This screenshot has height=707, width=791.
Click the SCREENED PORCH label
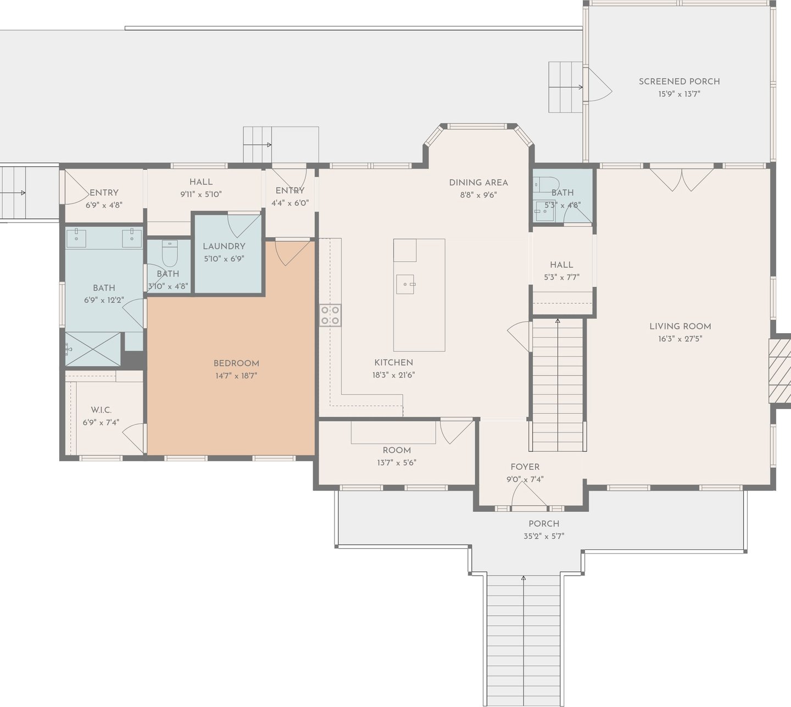pyautogui.click(x=679, y=82)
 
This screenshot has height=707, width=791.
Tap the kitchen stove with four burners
pyautogui.click(x=330, y=316)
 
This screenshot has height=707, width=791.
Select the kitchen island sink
pyautogui.click(x=405, y=284)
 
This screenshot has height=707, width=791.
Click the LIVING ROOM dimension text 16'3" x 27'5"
pyautogui.click(x=680, y=339)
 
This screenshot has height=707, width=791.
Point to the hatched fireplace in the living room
pyautogui.click(x=779, y=371)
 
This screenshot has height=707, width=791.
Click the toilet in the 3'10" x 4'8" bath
pyautogui.click(x=170, y=253)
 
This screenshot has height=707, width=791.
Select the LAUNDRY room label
pyautogui.click(x=224, y=246)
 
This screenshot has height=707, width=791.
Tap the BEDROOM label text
pyautogui.click(x=236, y=363)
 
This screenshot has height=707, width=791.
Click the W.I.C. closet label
pyautogui.click(x=101, y=410)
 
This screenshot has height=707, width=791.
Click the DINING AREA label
pyautogui.click(x=478, y=183)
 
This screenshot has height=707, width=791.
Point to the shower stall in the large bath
pyautogui.click(x=92, y=349)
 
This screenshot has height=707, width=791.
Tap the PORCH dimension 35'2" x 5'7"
pyautogui.click(x=544, y=536)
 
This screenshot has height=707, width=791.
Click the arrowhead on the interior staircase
pyautogui.click(x=558, y=321)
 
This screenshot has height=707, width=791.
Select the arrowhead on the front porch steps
pyautogui.click(x=523, y=578)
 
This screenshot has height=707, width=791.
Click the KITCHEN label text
pyautogui.click(x=393, y=363)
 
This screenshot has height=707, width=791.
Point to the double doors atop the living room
pyautogui.click(x=682, y=180)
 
